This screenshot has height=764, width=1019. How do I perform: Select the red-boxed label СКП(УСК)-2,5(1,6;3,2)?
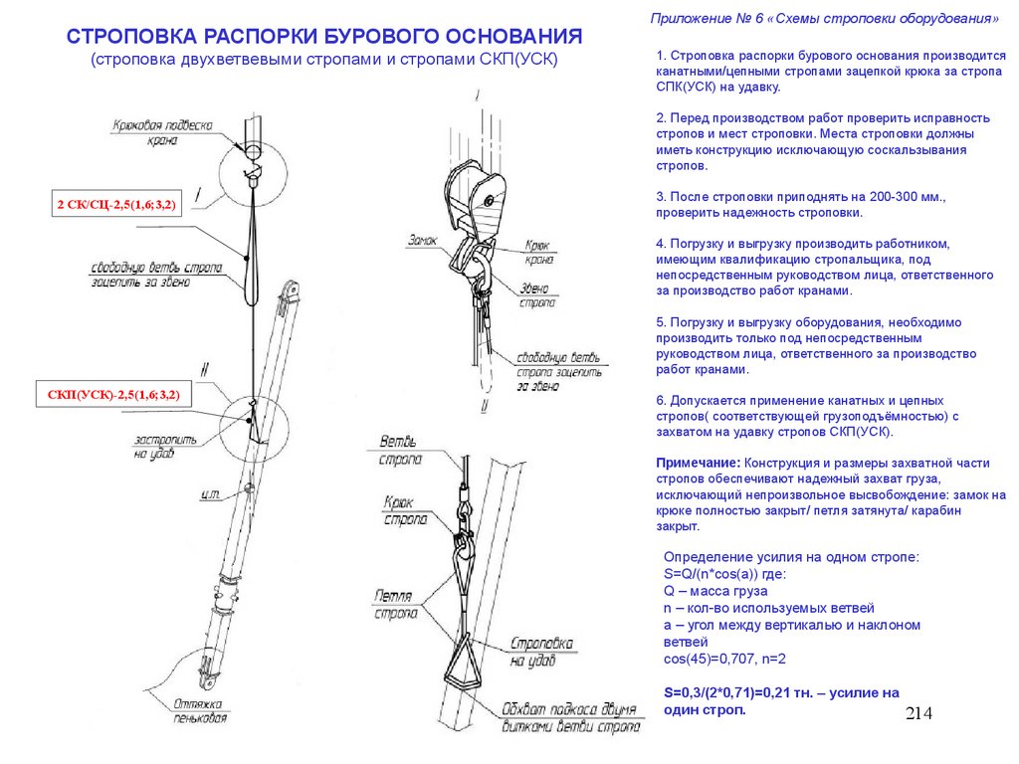113,396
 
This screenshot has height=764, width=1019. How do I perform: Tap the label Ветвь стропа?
401,450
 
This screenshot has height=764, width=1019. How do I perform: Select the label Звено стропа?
538,295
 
